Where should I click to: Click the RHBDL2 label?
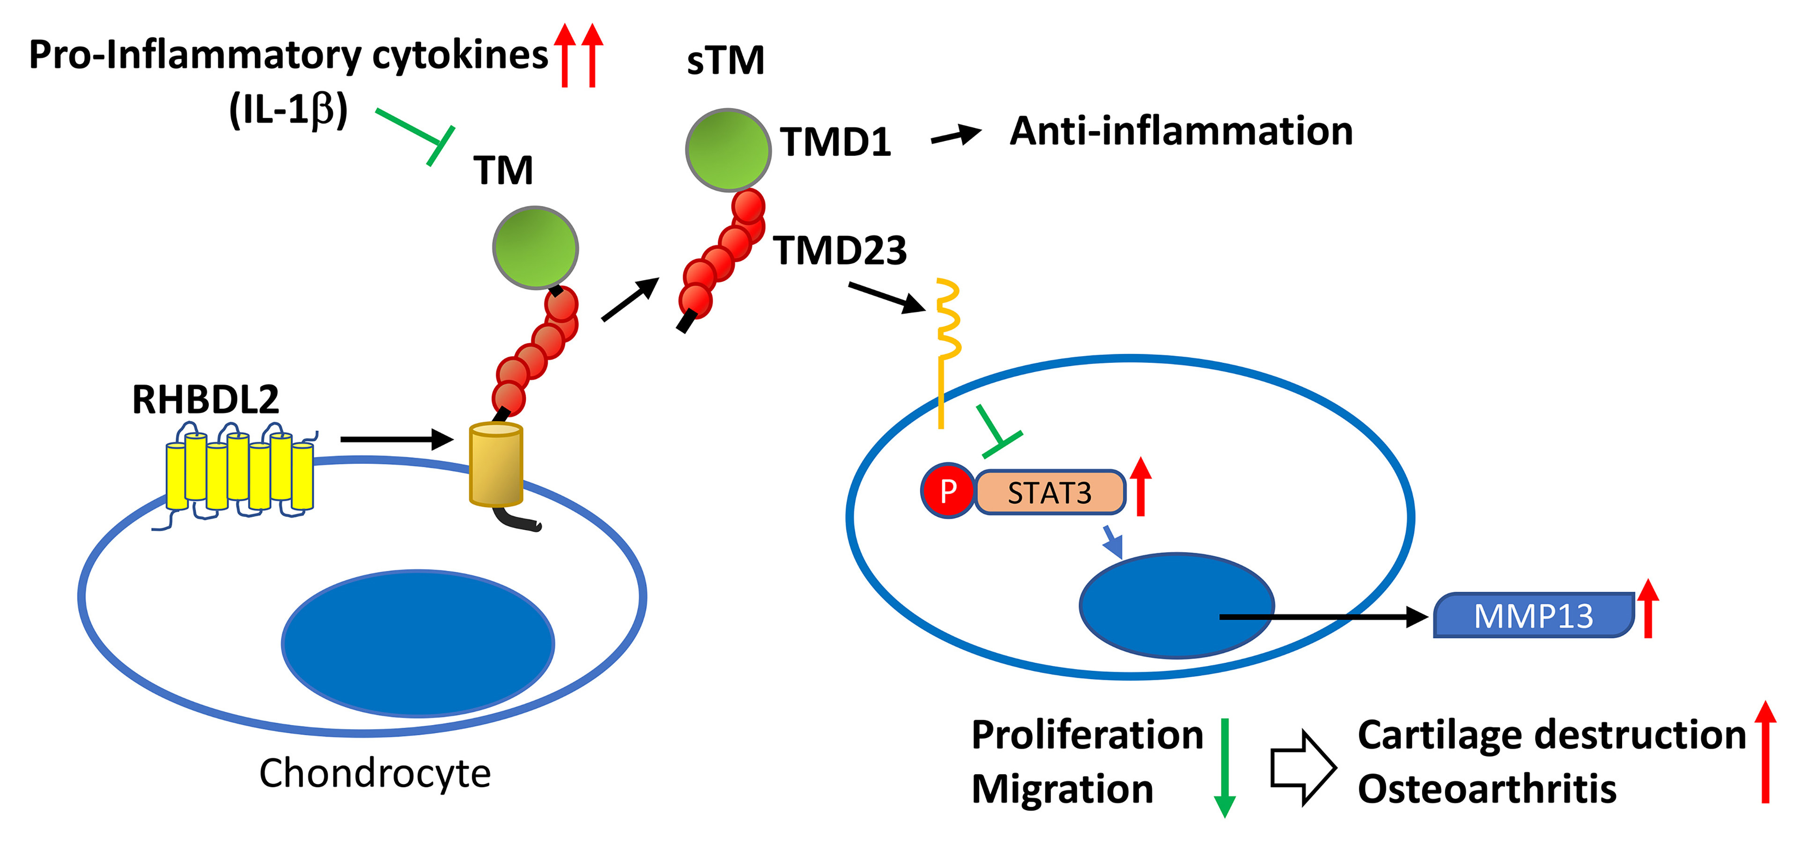click(205, 400)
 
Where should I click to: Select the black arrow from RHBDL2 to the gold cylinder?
click(397, 440)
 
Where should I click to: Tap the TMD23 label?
click(840, 250)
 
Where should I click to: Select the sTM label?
click(725, 60)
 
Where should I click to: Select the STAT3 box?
click(1050, 492)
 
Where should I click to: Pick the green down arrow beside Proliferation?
click(1225, 768)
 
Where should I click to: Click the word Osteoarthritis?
click(1487, 789)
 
